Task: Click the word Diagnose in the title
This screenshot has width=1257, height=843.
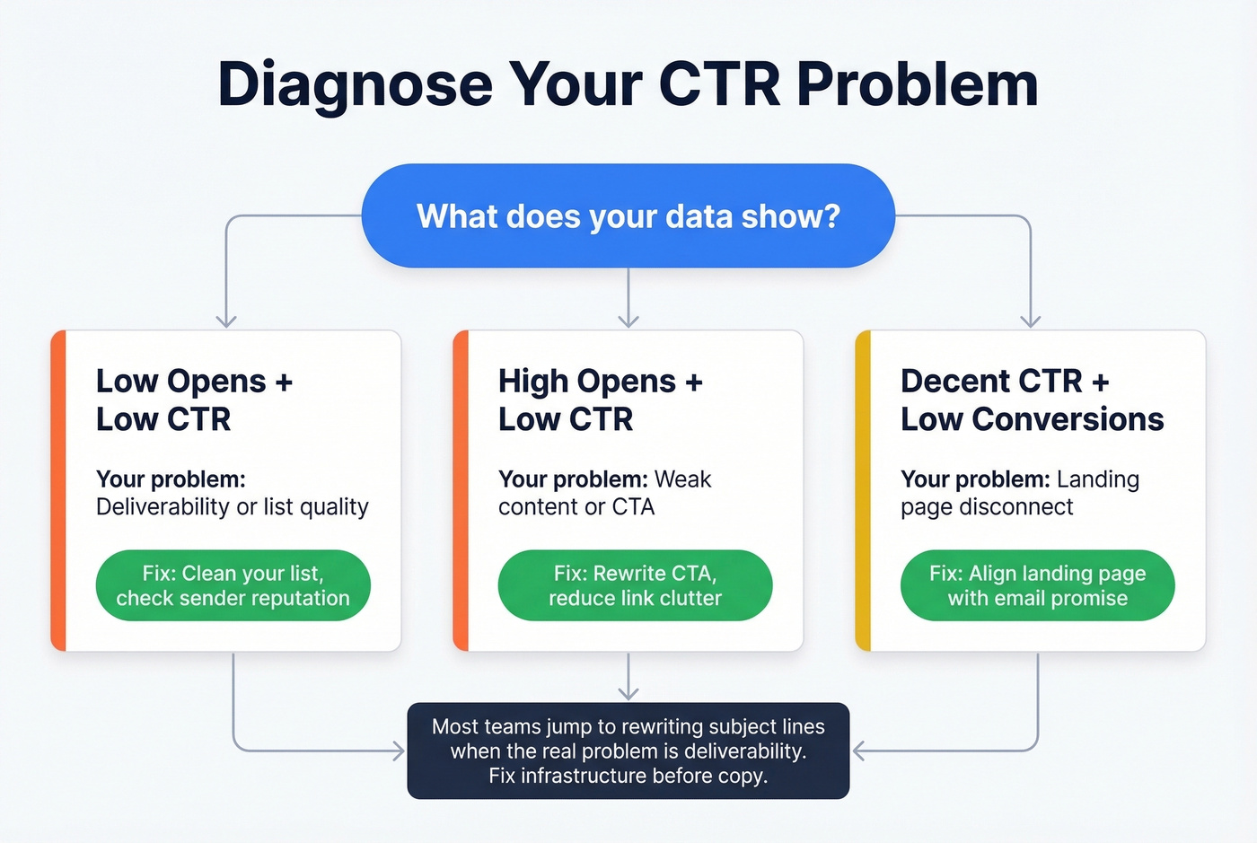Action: (356, 84)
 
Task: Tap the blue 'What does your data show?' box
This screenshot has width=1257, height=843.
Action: (628, 216)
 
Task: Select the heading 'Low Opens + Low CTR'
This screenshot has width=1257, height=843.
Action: (194, 400)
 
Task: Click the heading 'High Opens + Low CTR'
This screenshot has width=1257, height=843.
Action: (600, 400)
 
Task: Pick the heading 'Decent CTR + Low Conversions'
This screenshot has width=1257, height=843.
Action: (1032, 400)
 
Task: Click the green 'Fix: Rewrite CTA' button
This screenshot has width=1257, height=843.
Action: (635, 585)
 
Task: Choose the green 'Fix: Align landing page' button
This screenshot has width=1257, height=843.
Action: (1037, 585)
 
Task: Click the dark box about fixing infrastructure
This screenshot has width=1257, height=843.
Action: (628, 751)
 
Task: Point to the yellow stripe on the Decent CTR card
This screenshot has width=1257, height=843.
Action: (863, 490)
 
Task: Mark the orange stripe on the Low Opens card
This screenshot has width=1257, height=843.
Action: (58, 490)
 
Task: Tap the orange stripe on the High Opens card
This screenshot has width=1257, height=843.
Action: (461, 490)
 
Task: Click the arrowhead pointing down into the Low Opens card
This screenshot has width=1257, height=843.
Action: (226, 321)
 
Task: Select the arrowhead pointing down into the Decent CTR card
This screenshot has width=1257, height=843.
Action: (1031, 321)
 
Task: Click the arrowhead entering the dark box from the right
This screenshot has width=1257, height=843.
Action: (858, 751)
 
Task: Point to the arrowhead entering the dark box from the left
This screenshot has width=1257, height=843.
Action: (399, 751)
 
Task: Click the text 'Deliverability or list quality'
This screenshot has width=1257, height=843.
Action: (232, 507)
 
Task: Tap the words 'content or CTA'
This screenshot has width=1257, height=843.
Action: (576, 507)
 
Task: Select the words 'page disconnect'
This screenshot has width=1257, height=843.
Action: (987, 507)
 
